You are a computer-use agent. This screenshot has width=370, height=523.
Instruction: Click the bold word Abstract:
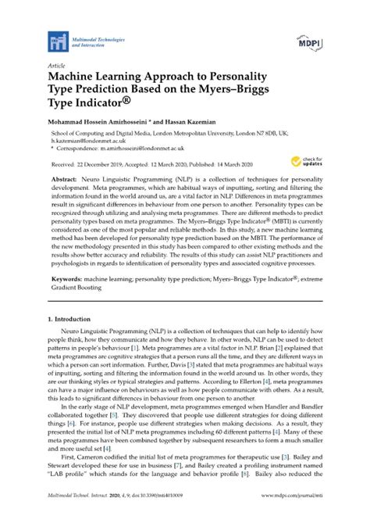(66, 179)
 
